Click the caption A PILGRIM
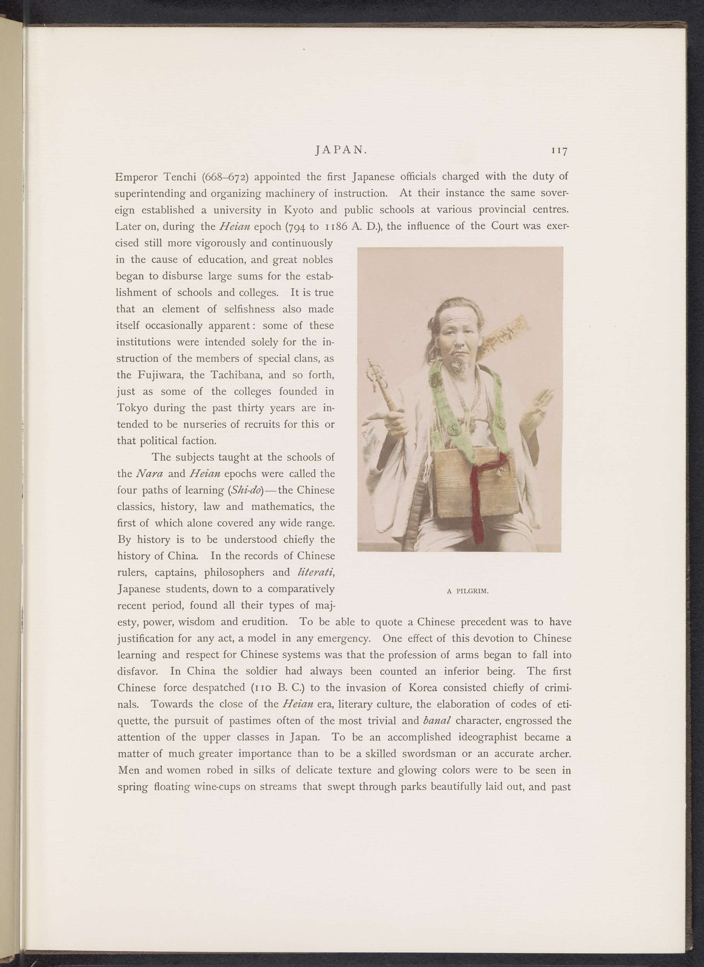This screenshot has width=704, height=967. click(467, 591)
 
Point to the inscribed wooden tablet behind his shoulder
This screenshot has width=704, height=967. click(505, 337)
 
